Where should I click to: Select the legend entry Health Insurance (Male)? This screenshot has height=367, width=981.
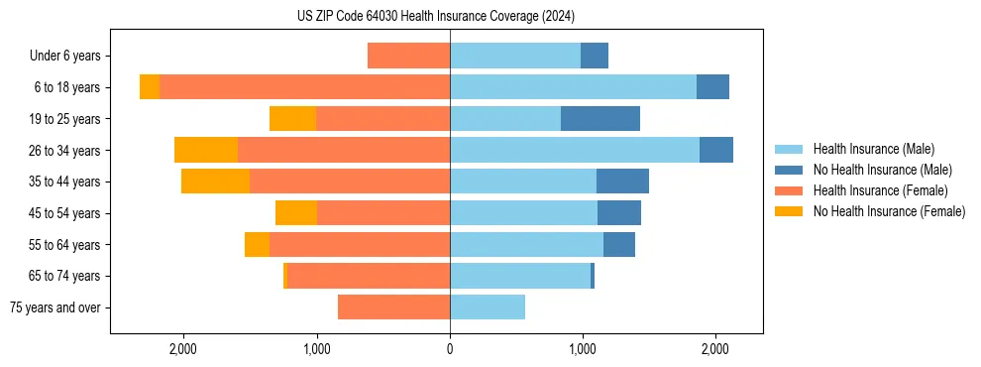(x=873, y=149)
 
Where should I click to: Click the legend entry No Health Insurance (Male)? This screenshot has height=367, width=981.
(x=882, y=170)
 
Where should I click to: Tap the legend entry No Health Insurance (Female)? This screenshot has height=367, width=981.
(x=888, y=211)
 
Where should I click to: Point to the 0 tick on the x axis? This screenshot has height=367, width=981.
(x=450, y=349)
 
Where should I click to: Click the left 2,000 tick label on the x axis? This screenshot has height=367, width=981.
(x=183, y=349)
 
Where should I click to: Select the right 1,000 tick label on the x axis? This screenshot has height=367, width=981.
(x=583, y=349)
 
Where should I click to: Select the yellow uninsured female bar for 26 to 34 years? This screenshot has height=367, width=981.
(x=206, y=150)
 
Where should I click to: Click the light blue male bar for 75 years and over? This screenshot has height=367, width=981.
(x=488, y=307)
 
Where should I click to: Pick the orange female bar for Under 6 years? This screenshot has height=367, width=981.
(x=408, y=57)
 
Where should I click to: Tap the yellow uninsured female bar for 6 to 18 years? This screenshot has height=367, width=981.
(x=150, y=87)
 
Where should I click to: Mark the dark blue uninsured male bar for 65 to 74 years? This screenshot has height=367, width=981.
(x=593, y=276)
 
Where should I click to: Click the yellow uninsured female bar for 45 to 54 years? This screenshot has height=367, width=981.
(x=296, y=213)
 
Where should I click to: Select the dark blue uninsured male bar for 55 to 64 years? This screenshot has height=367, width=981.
(x=619, y=244)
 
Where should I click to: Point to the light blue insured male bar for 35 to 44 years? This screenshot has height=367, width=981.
(x=523, y=182)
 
